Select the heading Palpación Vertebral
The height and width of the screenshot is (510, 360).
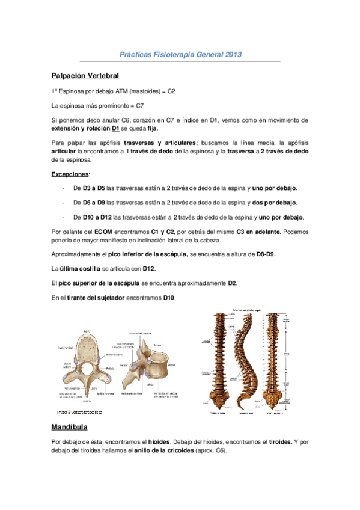pyautogui.click(x=85, y=76)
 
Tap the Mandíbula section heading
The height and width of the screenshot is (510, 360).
pyautogui.click(x=70, y=428)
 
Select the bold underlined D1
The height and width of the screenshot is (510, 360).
pyautogui.click(x=116, y=128)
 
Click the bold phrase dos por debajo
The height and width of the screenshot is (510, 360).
pyautogui.click(x=279, y=203)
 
